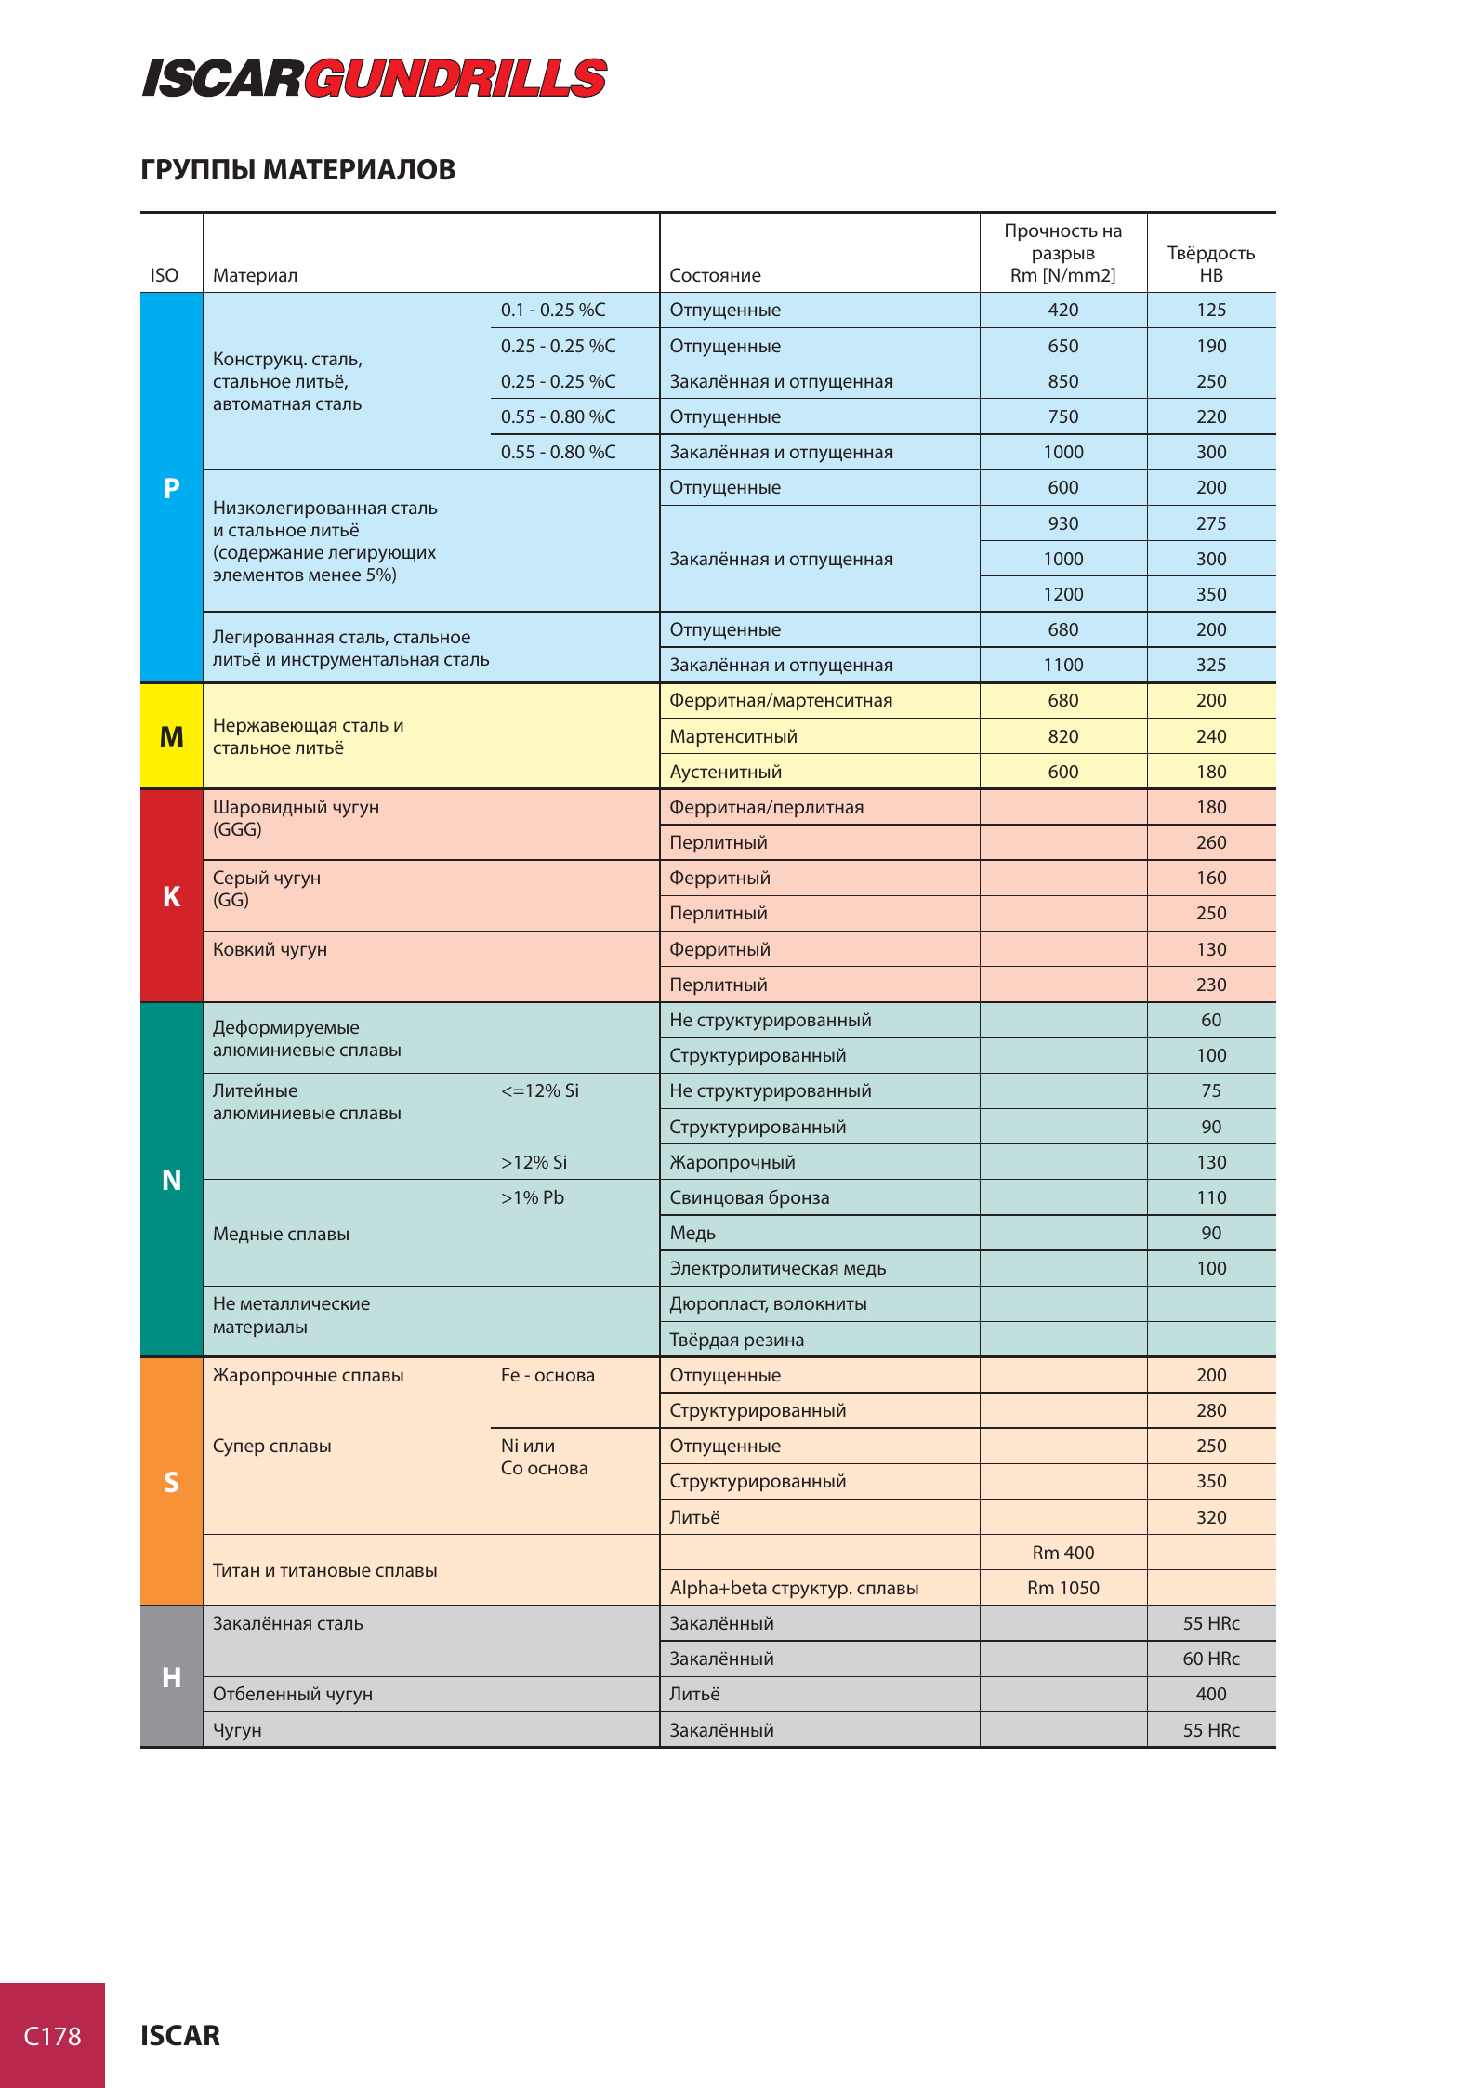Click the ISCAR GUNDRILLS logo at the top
click(374, 78)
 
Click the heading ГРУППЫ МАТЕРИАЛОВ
click(297, 170)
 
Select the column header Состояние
click(715, 275)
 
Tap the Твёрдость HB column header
click(1210, 264)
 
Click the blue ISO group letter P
click(171, 488)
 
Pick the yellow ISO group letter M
click(171, 736)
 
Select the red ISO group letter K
click(171, 896)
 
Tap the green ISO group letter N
click(171, 1180)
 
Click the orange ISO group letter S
click(171, 1482)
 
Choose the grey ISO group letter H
click(171, 1677)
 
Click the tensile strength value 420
click(1062, 311)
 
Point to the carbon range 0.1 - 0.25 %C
click(553, 311)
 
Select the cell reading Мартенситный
click(733, 737)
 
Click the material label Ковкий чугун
click(270, 949)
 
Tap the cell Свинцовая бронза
click(749, 1198)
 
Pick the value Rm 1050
click(1062, 1589)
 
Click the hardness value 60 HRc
click(1210, 1659)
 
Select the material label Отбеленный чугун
click(292, 1695)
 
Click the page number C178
click(52, 2036)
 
